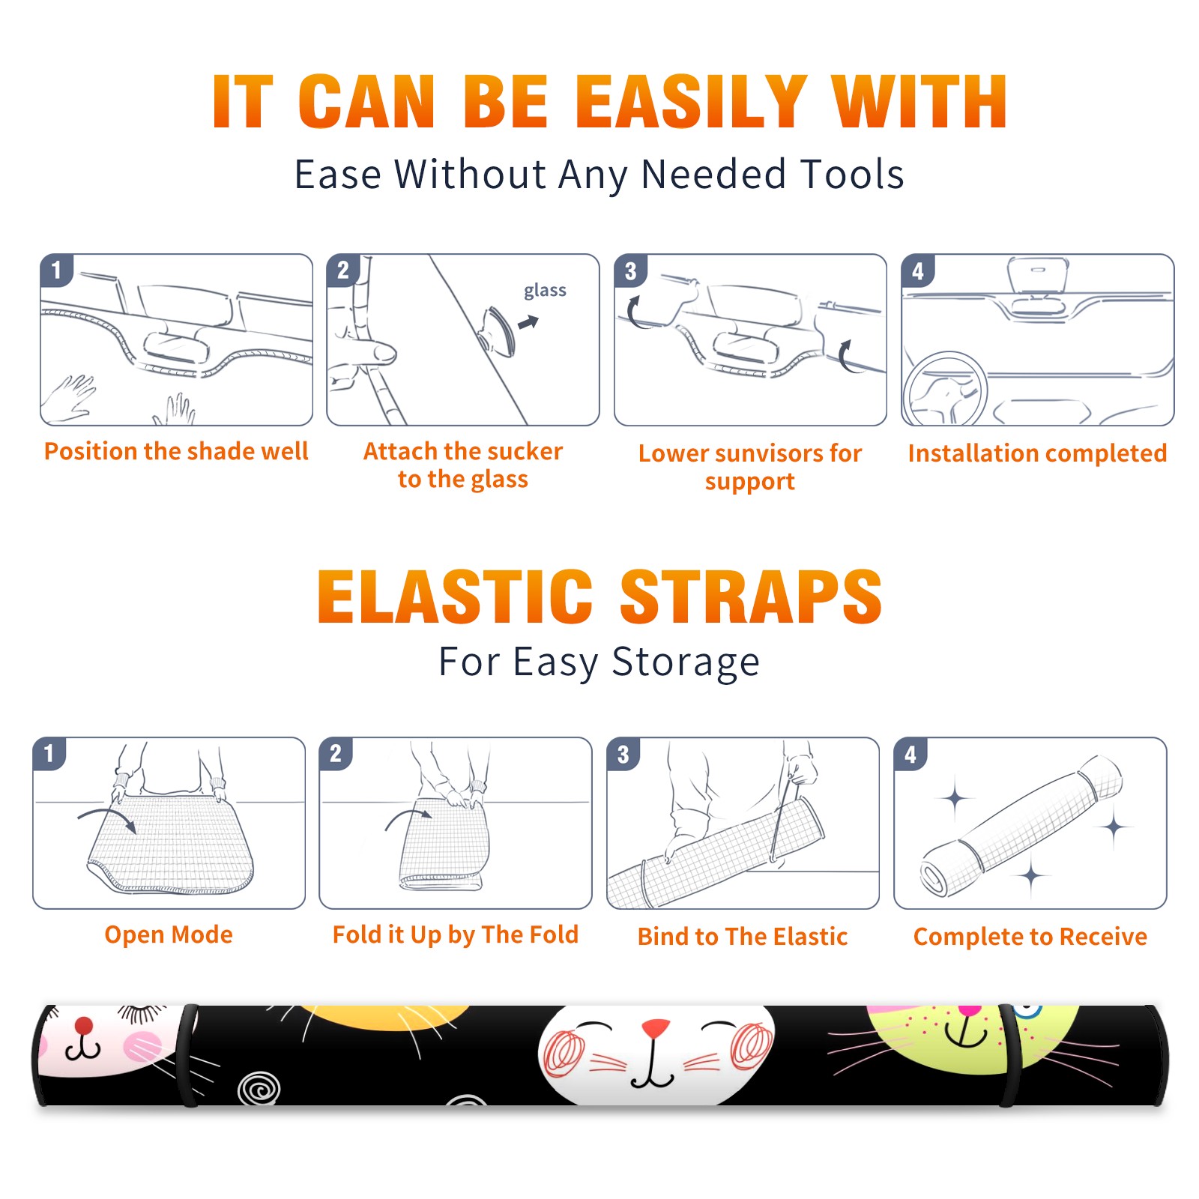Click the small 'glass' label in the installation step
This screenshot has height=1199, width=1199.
[x=545, y=291]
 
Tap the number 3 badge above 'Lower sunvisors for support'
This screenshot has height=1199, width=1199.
[x=631, y=271]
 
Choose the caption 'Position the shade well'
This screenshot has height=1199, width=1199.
[x=176, y=451]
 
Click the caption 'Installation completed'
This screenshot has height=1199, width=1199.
[x=1037, y=453]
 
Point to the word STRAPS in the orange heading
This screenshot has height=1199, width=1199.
[x=751, y=597]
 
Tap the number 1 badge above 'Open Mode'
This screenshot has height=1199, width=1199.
[x=49, y=753]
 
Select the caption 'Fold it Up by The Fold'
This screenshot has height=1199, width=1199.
[x=456, y=934]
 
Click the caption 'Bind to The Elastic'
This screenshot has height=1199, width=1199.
[x=743, y=936]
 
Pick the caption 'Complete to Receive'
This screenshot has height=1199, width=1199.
[x=1030, y=936]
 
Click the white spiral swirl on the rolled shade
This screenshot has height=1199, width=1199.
[x=259, y=1088]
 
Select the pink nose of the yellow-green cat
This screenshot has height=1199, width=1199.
[x=970, y=1010]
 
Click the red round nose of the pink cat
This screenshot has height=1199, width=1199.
[x=84, y=1025]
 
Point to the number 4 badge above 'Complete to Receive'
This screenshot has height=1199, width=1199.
[x=910, y=754]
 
